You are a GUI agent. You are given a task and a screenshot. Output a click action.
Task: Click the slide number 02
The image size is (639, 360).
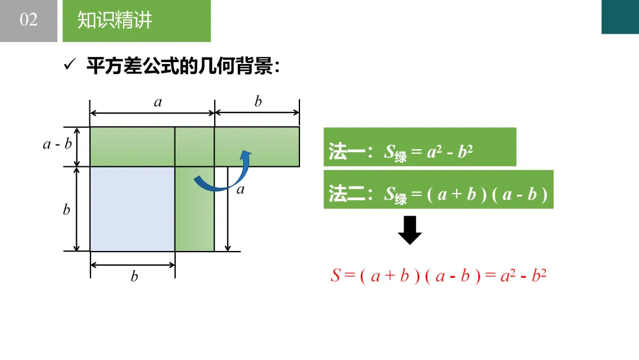(28, 20)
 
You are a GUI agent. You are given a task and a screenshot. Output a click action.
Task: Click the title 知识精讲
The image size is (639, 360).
(115, 21)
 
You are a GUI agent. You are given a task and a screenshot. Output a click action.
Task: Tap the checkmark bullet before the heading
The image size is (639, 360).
(69, 65)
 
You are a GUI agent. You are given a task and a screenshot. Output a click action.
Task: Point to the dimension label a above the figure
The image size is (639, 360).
(157, 102)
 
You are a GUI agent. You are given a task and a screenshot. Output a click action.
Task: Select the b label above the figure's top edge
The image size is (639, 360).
(258, 102)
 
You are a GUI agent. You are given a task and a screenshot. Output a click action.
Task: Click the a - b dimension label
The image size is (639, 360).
(57, 144)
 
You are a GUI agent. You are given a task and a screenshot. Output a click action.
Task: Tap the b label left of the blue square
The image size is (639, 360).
(66, 210)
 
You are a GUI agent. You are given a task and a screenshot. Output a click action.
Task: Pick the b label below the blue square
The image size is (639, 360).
(134, 277)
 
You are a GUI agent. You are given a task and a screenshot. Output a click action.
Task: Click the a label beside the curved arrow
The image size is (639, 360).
(240, 190)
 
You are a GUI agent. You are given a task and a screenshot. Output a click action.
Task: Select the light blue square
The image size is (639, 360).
(132, 208)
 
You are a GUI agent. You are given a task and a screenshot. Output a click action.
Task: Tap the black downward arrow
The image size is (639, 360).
(409, 230)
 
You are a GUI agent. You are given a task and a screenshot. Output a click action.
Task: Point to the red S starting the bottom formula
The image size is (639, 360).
(335, 276)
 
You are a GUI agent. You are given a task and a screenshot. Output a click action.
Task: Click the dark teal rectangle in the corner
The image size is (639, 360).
(620, 17)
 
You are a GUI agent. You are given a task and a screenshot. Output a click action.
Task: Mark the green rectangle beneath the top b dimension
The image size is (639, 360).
(257, 146)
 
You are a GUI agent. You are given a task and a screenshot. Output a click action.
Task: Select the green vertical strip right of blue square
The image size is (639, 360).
(194, 208)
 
